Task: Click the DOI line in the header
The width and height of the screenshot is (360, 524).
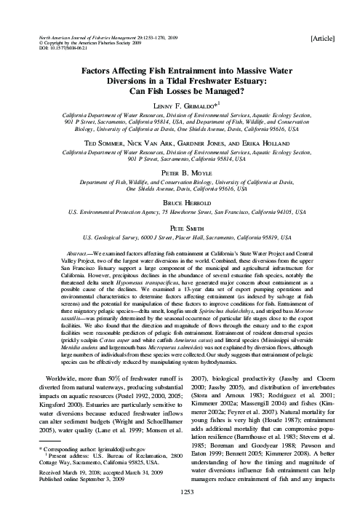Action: coord(59,48)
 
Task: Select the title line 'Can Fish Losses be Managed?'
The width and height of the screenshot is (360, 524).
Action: coord(180,91)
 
